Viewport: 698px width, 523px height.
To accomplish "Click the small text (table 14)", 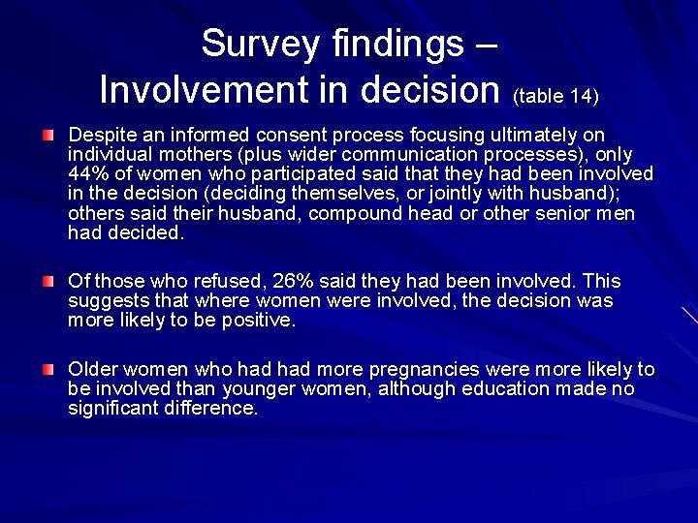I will coord(555,95).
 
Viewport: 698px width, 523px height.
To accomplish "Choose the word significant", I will coord(114,409).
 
